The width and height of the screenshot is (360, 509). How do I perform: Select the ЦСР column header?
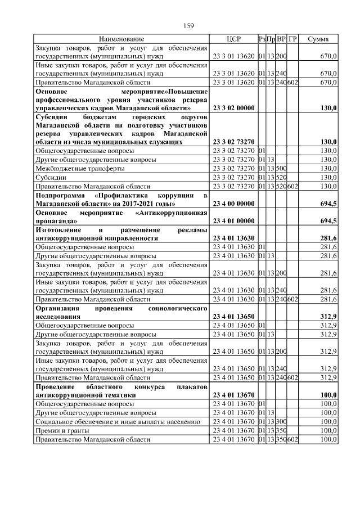point(233,39)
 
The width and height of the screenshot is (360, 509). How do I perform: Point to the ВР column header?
point(281,39)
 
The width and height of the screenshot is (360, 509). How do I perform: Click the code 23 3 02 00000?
point(233,107)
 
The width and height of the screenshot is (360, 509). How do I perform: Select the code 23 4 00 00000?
point(233,202)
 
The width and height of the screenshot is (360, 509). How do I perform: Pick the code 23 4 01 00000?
point(233,220)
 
